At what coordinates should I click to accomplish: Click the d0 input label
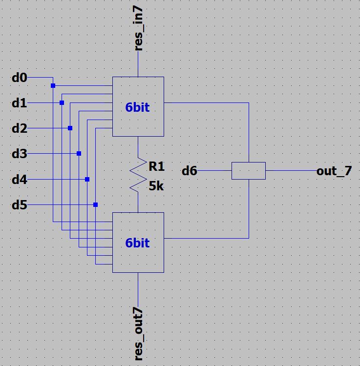click(20, 78)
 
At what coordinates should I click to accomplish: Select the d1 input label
click(20, 103)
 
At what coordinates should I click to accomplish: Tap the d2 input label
click(20, 129)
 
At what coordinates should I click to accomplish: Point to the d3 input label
click(20, 154)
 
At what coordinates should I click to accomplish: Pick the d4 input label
click(20, 180)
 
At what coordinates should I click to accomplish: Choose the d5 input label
click(20, 205)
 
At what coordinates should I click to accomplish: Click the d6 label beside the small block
click(190, 171)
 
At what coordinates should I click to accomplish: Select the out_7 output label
click(334, 171)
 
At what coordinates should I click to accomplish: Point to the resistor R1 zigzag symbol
click(139, 174)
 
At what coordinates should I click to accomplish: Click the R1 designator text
click(157, 167)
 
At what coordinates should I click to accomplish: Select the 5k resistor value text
click(157, 186)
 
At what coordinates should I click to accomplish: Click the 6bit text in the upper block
click(137, 107)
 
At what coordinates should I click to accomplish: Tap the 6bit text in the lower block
click(137, 243)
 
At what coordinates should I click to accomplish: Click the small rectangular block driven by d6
click(248, 171)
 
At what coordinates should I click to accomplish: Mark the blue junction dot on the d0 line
click(53, 86)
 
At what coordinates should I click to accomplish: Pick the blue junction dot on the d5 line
click(96, 205)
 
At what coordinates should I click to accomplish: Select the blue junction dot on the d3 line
click(79, 154)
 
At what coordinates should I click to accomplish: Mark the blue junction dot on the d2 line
click(70, 128)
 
